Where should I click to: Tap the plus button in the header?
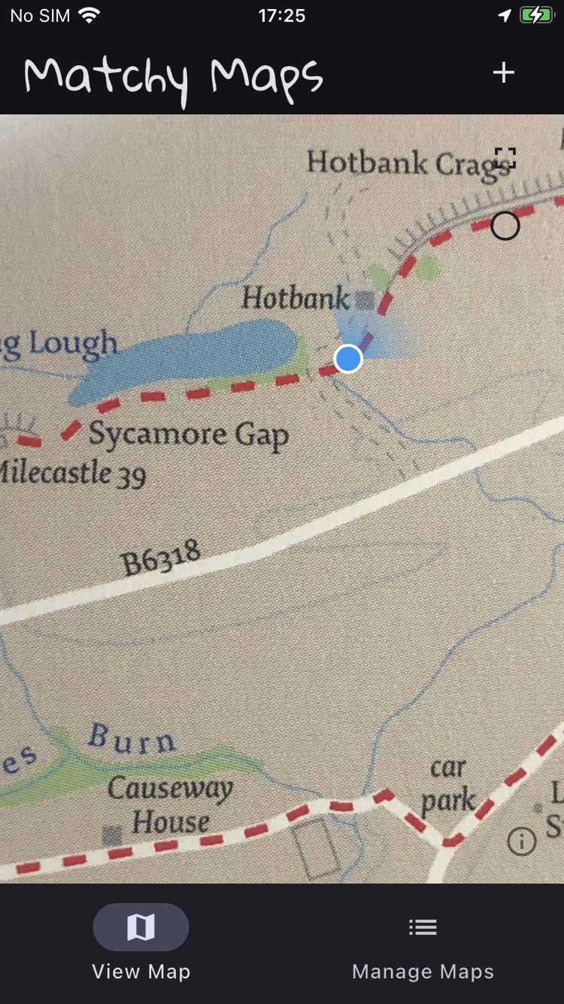click(x=503, y=72)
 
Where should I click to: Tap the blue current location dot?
click(x=348, y=359)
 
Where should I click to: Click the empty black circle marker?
click(x=505, y=226)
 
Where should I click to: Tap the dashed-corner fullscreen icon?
click(x=505, y=158)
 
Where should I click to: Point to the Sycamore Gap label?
click(x=188, y=435)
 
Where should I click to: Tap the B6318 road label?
click(x=162, y=558)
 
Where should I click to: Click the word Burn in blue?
click(x=132, y=739)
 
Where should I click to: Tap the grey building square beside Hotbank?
click(x=365, y=300)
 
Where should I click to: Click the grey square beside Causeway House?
click(x=112, y=834)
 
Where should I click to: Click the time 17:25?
click(x=281, y=15)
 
